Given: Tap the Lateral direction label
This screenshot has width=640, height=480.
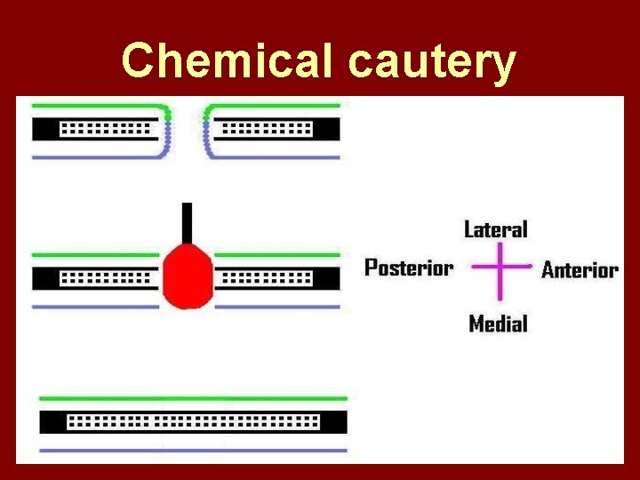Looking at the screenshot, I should point(495,229).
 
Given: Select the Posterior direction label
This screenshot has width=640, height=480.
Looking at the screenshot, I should point(409,268).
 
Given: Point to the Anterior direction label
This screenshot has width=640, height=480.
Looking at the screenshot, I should point(580,269).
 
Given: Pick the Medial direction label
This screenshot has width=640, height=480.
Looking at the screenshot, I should point(498,324).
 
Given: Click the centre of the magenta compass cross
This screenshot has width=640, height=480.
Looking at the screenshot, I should point(500,267).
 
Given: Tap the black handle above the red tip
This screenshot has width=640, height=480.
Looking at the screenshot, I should point(187,222).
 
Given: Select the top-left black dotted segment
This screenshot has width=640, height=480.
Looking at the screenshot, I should point(98,130).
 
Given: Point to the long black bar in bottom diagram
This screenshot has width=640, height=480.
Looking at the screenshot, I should point(193,421).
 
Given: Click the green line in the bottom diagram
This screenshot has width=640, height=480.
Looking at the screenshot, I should point(193,398).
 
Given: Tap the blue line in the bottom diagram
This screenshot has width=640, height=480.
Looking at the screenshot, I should point(193,450).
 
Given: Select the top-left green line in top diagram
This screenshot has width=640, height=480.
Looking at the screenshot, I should point(98,105).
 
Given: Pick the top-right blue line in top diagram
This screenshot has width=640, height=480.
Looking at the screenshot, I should point(276,157).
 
